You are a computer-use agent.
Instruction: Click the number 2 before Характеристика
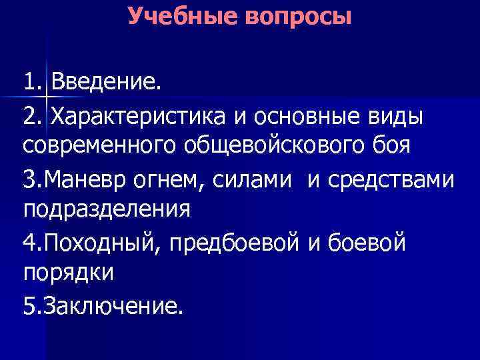30,117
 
